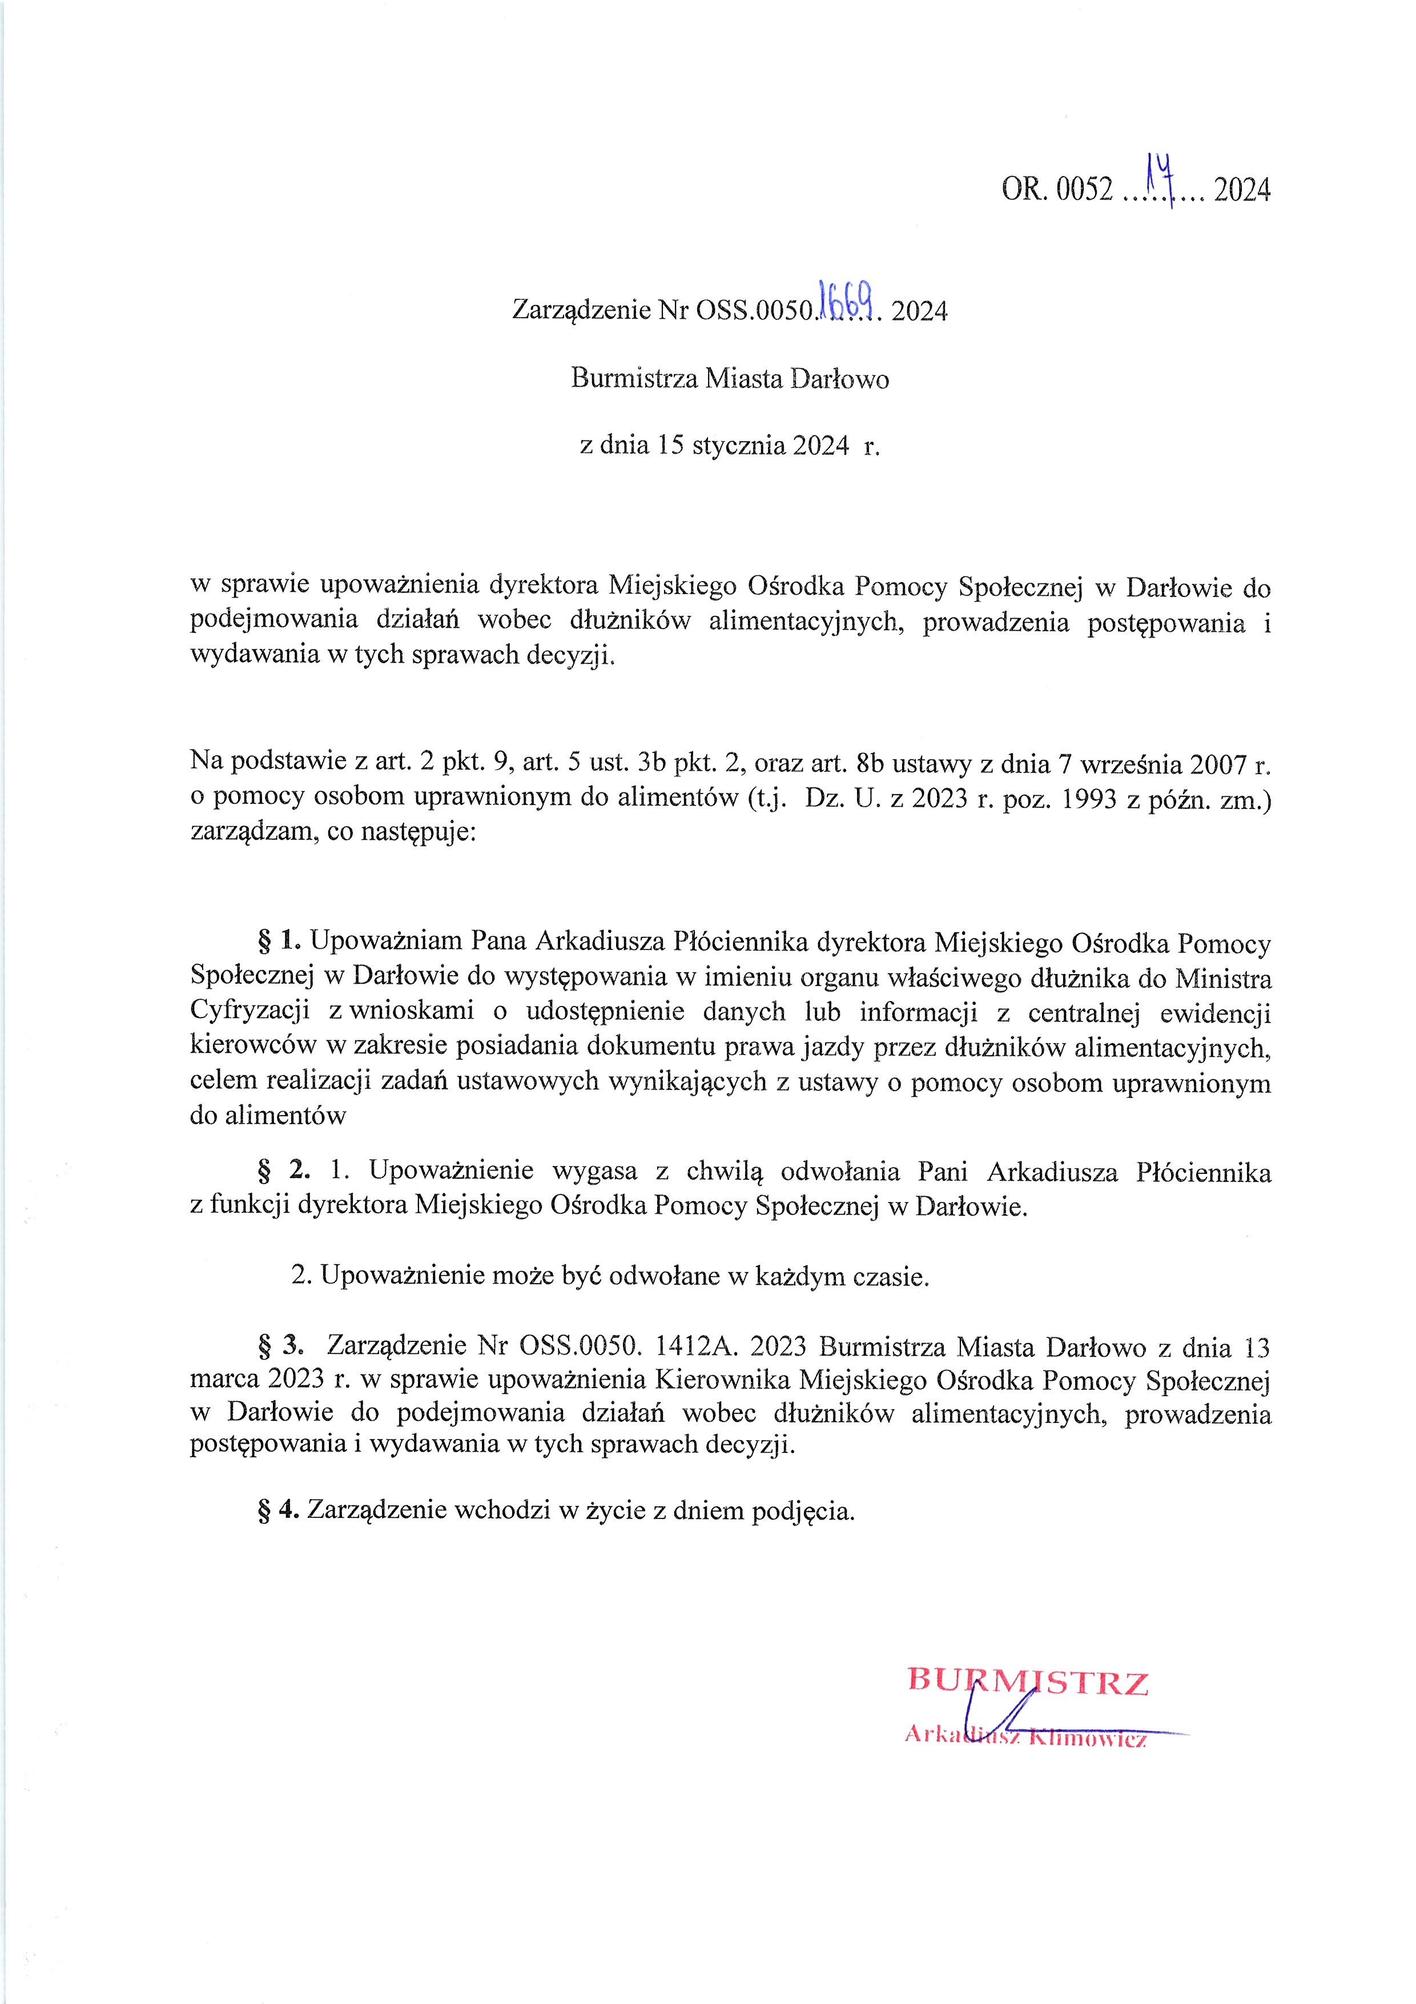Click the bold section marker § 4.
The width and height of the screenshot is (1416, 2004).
(x=278, y=1509)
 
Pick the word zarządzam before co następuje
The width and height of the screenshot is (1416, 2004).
(x=253, y=831)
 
